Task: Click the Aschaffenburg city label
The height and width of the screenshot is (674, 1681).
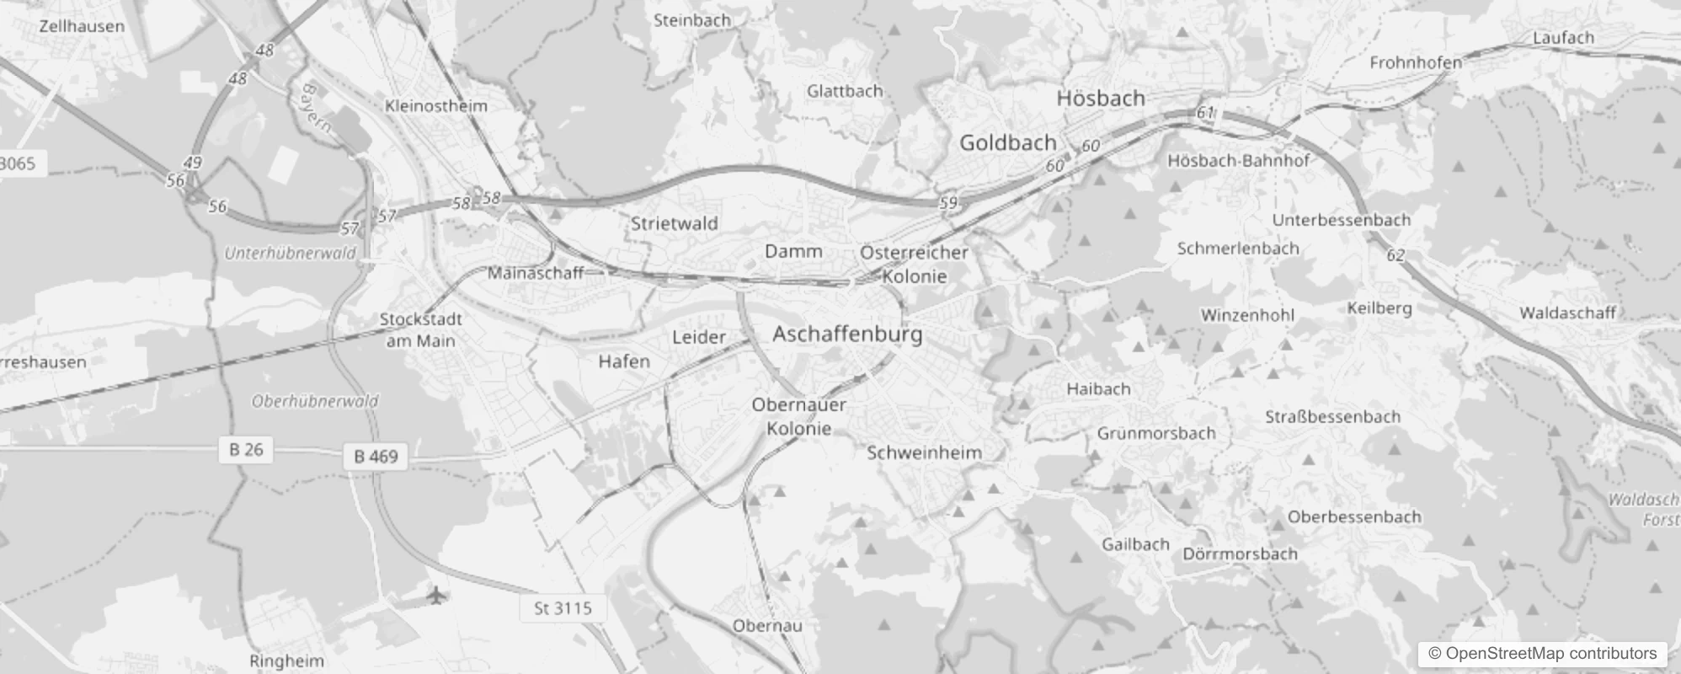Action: pyautogui.click(x=847, y=334)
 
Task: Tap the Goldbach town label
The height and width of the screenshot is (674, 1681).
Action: pyautogui.click(x=1007, y=143)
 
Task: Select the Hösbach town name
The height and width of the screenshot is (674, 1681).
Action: pyautogui.click(x=1101, y=99)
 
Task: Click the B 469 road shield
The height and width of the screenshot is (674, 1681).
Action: pyautogui.click(x=376, y=457)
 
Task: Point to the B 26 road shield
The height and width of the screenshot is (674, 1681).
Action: pyautogui.click(x=246, y=450)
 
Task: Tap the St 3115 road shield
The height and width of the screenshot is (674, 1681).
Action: pyautogui.click(x=563, y=608)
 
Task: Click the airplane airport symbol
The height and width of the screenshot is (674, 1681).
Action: pyautogui.click(x=436, y=596)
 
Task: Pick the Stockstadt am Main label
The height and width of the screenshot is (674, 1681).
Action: pyautogui.click(x=420, y=330)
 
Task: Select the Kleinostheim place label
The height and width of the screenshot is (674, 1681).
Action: pyautogui.click(x=435, y=106)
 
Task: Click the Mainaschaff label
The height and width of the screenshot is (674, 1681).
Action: pyautogui.click(x=536, y=273)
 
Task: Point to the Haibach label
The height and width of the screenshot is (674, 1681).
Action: pyautogui.click(x=1098, y=389)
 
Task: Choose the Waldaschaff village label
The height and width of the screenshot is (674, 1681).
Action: pyautogui.click(x=1566, y=313)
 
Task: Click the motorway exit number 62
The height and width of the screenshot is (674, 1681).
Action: pyautogui.click(x=1395, y=255)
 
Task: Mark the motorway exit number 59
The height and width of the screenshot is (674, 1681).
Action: pyautogui.click(x=948, y=203)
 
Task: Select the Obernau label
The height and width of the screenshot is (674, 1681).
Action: pyautogui.click(x=766, y=626)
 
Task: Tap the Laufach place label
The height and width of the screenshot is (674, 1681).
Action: pyautogui.click(x=1563, y=38)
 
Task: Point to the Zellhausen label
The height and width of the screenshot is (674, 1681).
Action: pyautogui.click(x=82, y=26)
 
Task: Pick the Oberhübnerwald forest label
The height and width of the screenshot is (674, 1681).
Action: pyautogui.click(x=315, y=402)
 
